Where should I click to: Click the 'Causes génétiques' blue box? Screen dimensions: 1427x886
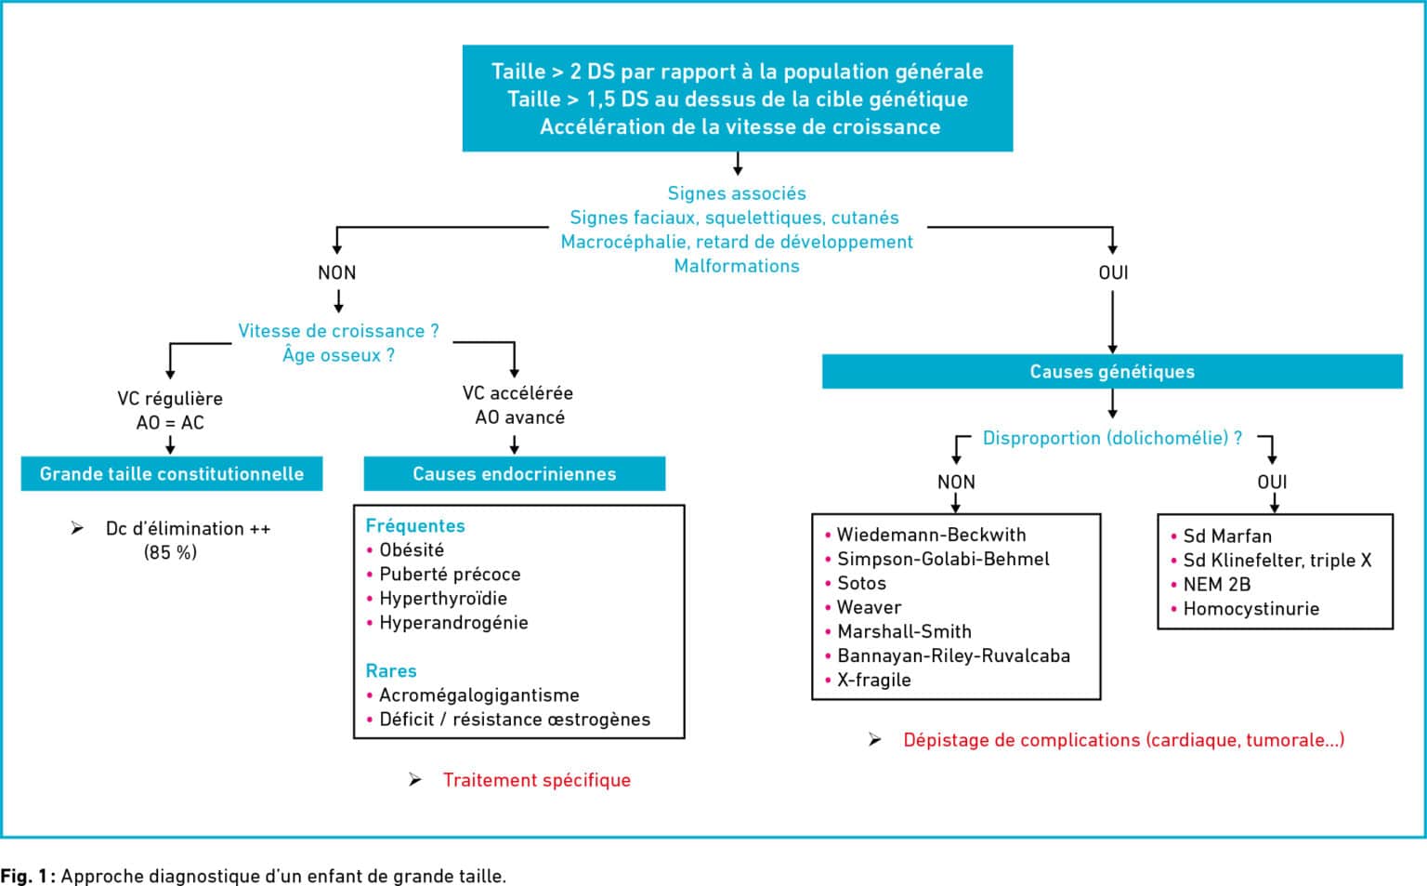click(1112, 371)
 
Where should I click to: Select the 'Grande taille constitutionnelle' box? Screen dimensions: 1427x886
click(171, 473)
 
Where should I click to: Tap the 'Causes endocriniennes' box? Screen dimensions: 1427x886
click(514, 473)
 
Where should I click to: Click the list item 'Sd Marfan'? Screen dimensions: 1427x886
click(1227, 536)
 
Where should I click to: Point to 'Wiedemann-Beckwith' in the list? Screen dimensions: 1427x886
click(932, 535)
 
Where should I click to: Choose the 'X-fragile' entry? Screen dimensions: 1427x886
click(874, 681)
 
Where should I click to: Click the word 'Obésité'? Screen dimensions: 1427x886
click(412, 550)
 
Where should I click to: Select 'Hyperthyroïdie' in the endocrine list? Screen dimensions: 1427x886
click(443, 599)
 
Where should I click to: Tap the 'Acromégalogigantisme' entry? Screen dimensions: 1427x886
click(479, 695)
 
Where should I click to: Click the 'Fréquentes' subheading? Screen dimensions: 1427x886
click(415, 526)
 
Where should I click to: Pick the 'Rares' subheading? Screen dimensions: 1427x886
click(391, 670)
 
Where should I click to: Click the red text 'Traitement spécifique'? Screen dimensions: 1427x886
click(537, 780)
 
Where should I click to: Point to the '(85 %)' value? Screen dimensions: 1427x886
click(170, 552)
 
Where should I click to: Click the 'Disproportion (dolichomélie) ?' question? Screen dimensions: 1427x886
click(1112, 438)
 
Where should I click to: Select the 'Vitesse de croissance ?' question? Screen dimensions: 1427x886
click(338, 331)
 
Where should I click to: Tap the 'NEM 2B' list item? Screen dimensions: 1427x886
click(1217, 585)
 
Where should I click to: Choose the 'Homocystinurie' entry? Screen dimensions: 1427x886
click(1251, 609)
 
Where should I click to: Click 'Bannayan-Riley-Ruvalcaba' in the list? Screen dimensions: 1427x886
click(954, 655)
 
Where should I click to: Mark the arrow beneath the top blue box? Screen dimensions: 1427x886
click(738, 164)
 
